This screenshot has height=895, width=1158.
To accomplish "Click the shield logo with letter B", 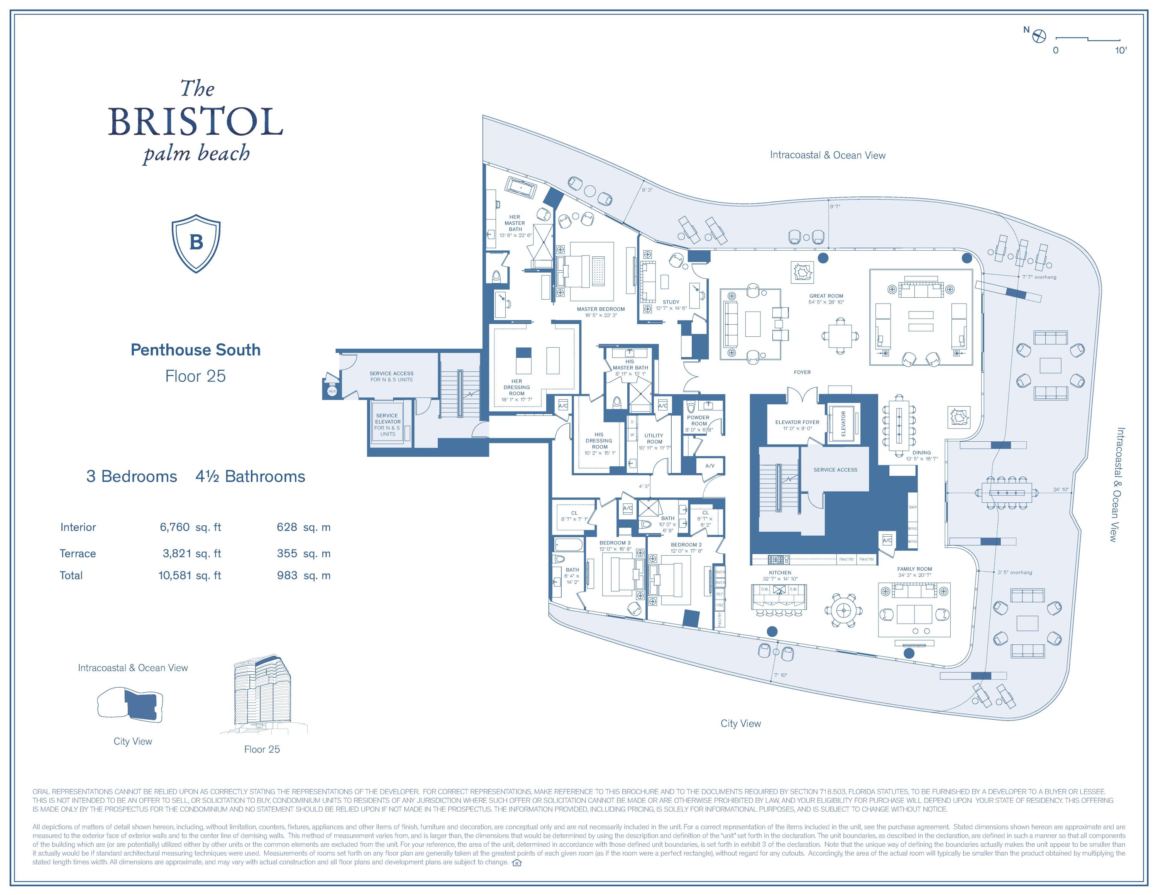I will [196, 243].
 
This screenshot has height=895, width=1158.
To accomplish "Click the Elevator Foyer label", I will [797, 422].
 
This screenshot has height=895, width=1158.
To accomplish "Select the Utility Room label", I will [654, 439].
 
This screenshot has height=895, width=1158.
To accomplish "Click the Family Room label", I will [914, 569].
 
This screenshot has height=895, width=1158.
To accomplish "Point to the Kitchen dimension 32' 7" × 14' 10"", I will [780, 579].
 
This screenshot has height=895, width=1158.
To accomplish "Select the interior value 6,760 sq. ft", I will [190, 527].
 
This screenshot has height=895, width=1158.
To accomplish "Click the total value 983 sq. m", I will [303, 575].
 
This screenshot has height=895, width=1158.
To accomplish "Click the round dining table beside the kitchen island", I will [843, 610].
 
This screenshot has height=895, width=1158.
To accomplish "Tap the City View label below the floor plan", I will [740, 724].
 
